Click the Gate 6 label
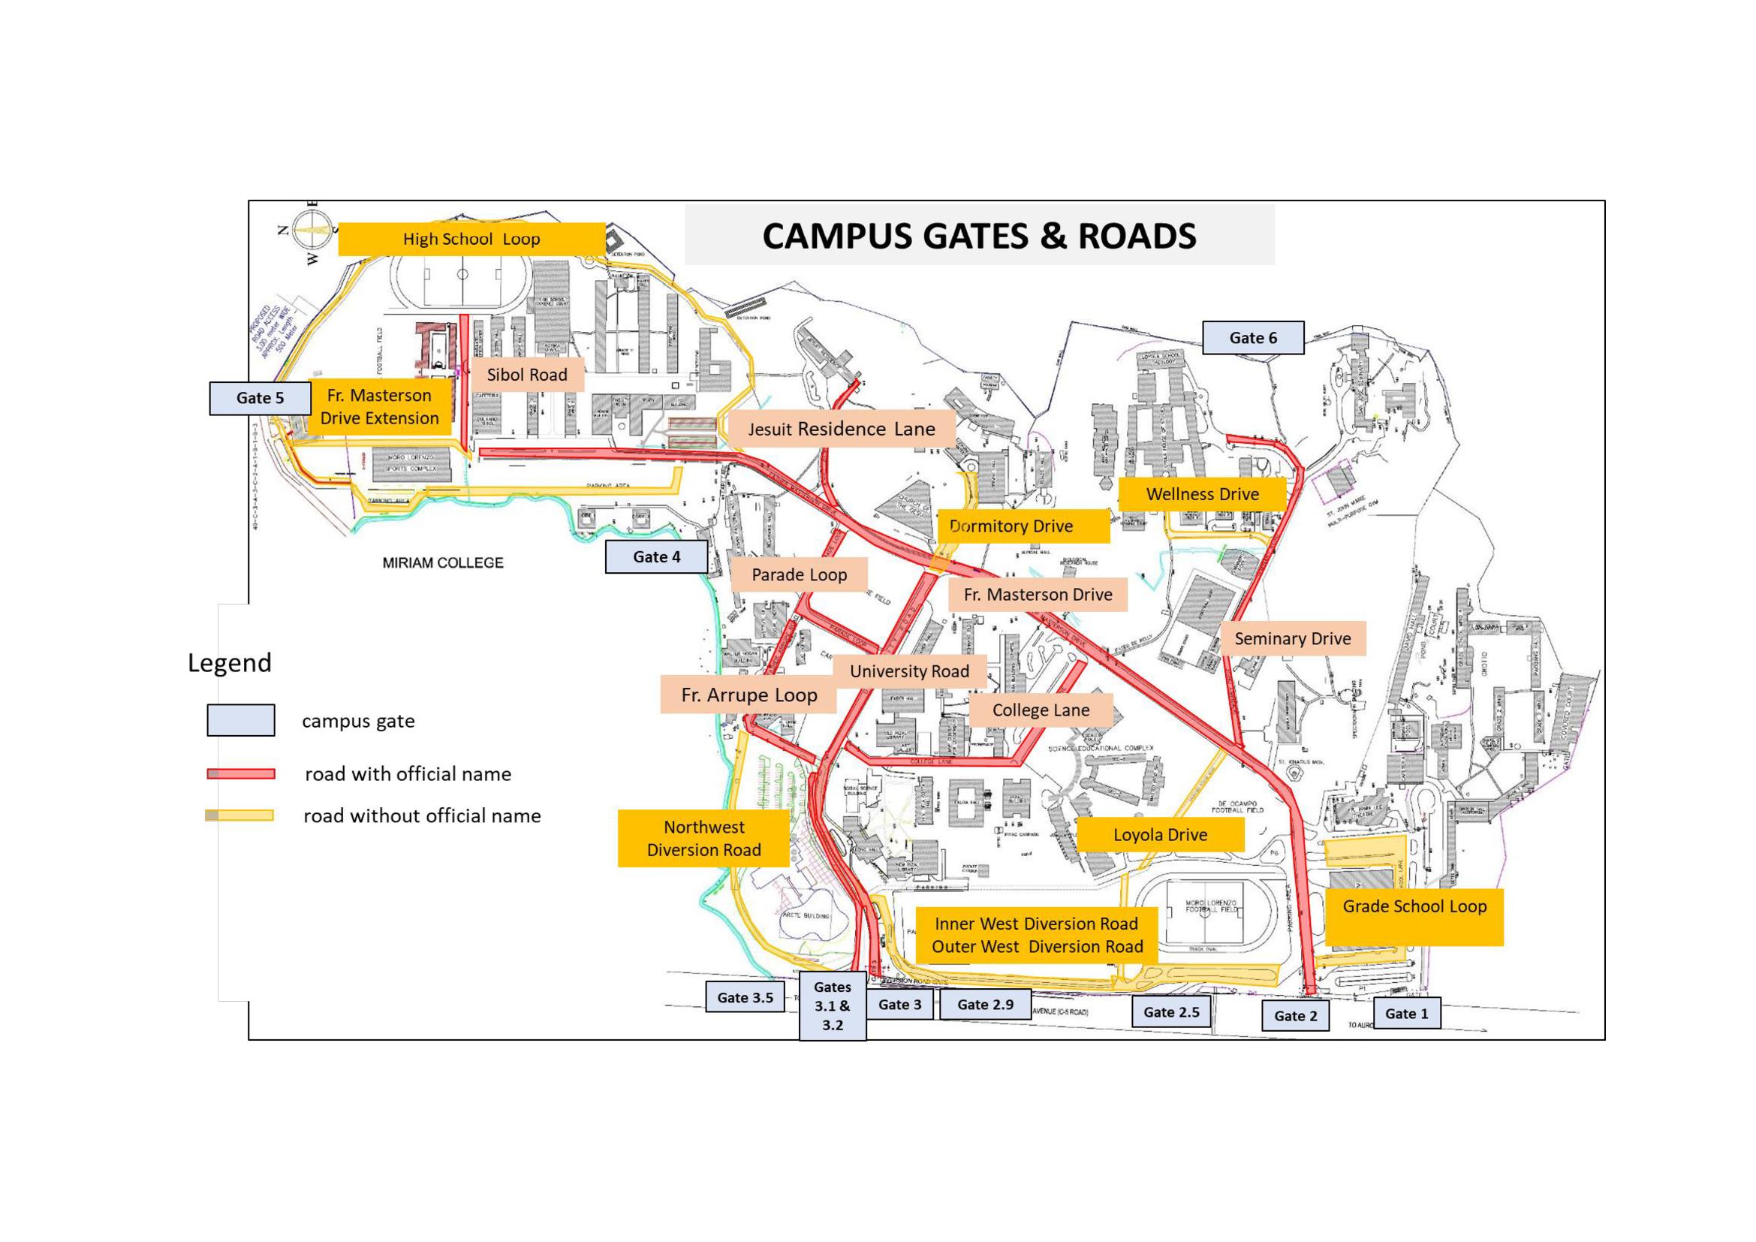click(x=1253, y=338)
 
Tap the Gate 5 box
click(x=260, y=399)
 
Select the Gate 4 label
click(x=656, y=556)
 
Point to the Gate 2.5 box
click(x=1171, y=1011)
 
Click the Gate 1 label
click(x=1406, y=1013)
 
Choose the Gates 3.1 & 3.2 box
click(x=832, y=1005)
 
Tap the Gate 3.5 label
click(x=745, y=997)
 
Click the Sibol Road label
click(x=527, y=375)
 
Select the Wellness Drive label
click(x=1202, y=494)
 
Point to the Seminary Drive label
click(x=1293, y=638)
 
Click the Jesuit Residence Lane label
click(x=842, y=429)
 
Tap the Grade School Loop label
click(x=1414, y=907)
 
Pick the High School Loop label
click(x=471, y=240)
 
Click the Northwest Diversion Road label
click(x=703, y=838)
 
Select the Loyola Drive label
click(x=1160, y=834)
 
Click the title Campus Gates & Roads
click(x=979, y=236)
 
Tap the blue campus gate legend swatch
click(x=241, y=720)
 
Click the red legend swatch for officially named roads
click(x=241, y=774)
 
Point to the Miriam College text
click(x=443, y=563)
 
